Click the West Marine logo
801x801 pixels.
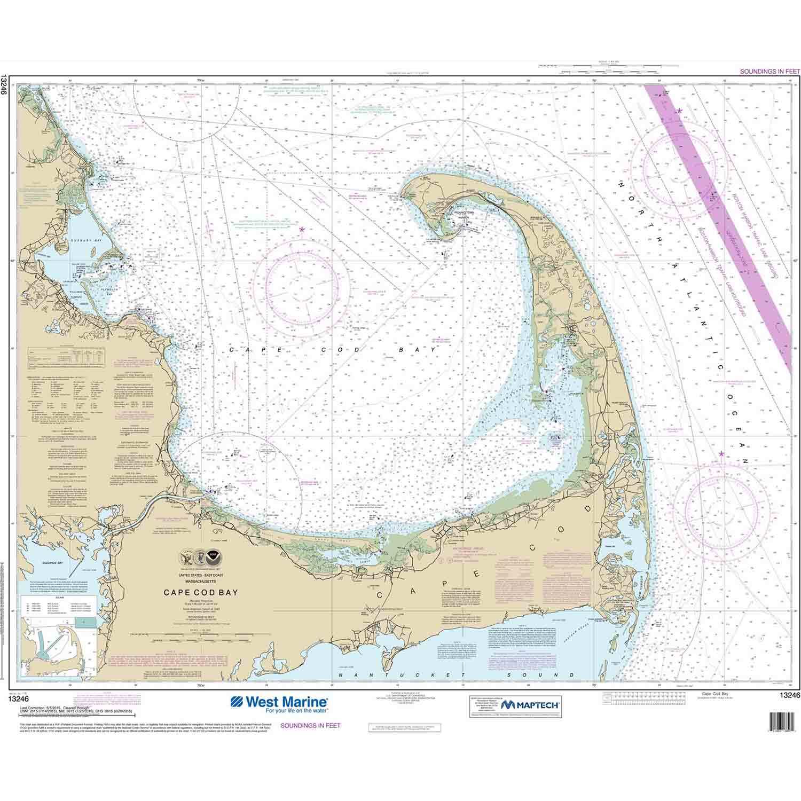279,705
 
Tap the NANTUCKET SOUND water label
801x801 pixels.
449,675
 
